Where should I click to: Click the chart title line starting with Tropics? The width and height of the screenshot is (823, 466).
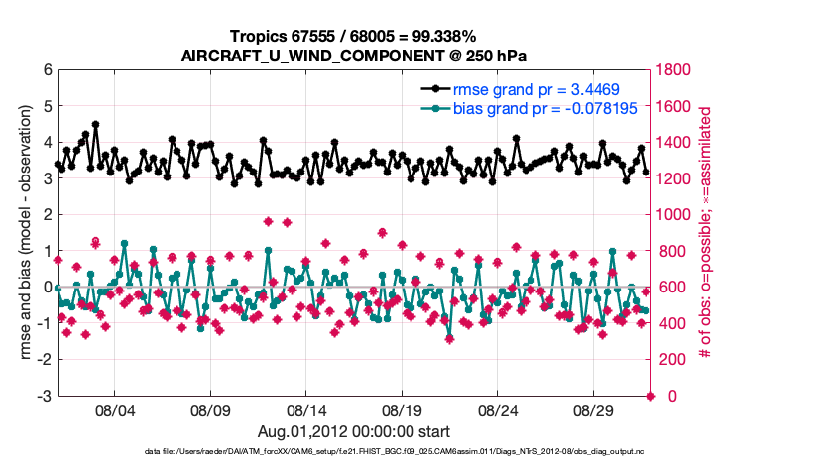point(353,36)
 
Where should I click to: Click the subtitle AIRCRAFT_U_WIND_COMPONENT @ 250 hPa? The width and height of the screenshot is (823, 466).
point(353,56)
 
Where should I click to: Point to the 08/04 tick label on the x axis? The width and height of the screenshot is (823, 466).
point(114,409)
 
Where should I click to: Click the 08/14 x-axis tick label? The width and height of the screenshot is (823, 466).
point(306,409)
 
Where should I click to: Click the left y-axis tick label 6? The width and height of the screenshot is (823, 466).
point(47,70)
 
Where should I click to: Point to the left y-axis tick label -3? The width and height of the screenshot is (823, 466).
point(44,396)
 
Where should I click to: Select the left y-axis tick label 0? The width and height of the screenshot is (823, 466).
point(47,288)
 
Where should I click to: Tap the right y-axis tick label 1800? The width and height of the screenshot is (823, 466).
point(675,70)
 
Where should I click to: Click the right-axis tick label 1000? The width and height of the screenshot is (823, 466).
point(675,215)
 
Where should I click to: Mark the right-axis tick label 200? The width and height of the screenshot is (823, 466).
point(671,360)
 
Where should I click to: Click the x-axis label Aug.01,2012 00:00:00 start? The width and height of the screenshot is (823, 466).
point(354,431)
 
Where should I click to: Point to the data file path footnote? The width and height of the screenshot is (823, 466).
point(411,451)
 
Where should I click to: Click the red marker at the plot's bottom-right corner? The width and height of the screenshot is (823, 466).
point(650,396)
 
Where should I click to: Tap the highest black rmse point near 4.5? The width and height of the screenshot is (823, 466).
point(95,125)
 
